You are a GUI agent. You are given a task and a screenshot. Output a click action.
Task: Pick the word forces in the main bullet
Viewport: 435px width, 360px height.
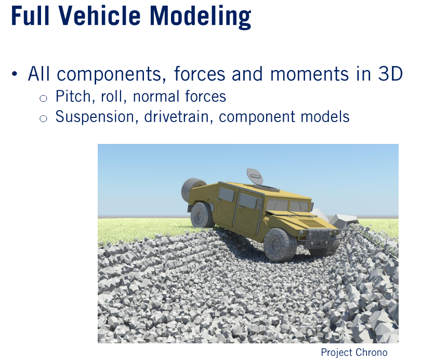pos(200,74)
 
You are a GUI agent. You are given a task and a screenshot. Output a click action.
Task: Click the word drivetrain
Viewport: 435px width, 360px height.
pos(180,116)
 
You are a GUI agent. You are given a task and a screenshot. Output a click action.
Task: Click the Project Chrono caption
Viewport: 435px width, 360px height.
pos(354,353)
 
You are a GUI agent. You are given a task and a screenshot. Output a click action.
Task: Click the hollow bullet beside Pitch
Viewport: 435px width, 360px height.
pos(44,98)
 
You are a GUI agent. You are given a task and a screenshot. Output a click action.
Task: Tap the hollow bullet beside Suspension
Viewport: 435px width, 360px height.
pos(44,118)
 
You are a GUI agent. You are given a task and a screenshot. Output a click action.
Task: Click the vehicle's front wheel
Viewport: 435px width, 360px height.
pos(280,245)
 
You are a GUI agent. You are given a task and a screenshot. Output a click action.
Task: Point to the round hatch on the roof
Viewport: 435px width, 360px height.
pos(254,176)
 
